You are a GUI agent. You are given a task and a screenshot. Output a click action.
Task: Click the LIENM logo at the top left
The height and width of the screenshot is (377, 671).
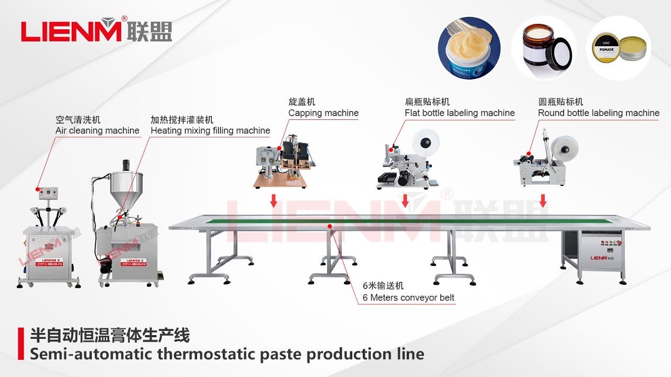96,31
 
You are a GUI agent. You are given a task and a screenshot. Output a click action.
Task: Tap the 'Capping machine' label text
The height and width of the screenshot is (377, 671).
323,113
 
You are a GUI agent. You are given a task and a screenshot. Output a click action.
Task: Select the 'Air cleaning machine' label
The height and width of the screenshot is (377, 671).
98,130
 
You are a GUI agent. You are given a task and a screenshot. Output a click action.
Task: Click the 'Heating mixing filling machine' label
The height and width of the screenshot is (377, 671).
210,130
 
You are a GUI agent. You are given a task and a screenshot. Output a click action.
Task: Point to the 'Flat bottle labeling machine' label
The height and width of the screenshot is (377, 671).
459,113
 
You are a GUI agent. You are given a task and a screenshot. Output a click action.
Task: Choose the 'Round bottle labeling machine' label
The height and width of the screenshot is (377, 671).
599,113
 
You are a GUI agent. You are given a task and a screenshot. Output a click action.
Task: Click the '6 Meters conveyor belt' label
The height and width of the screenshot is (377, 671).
408,298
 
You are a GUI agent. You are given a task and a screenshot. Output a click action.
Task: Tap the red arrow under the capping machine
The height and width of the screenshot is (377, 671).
273,201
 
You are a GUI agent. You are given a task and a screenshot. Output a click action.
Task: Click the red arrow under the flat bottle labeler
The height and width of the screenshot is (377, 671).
405,201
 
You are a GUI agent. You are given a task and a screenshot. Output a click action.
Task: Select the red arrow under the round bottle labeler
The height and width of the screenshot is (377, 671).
543,201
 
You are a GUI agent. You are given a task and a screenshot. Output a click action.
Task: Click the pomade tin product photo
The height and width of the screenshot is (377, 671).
618,48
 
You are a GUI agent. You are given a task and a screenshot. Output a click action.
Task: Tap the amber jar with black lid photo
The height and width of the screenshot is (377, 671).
544,48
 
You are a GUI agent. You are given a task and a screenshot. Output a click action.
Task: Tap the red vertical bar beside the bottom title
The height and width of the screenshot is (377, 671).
21,344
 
